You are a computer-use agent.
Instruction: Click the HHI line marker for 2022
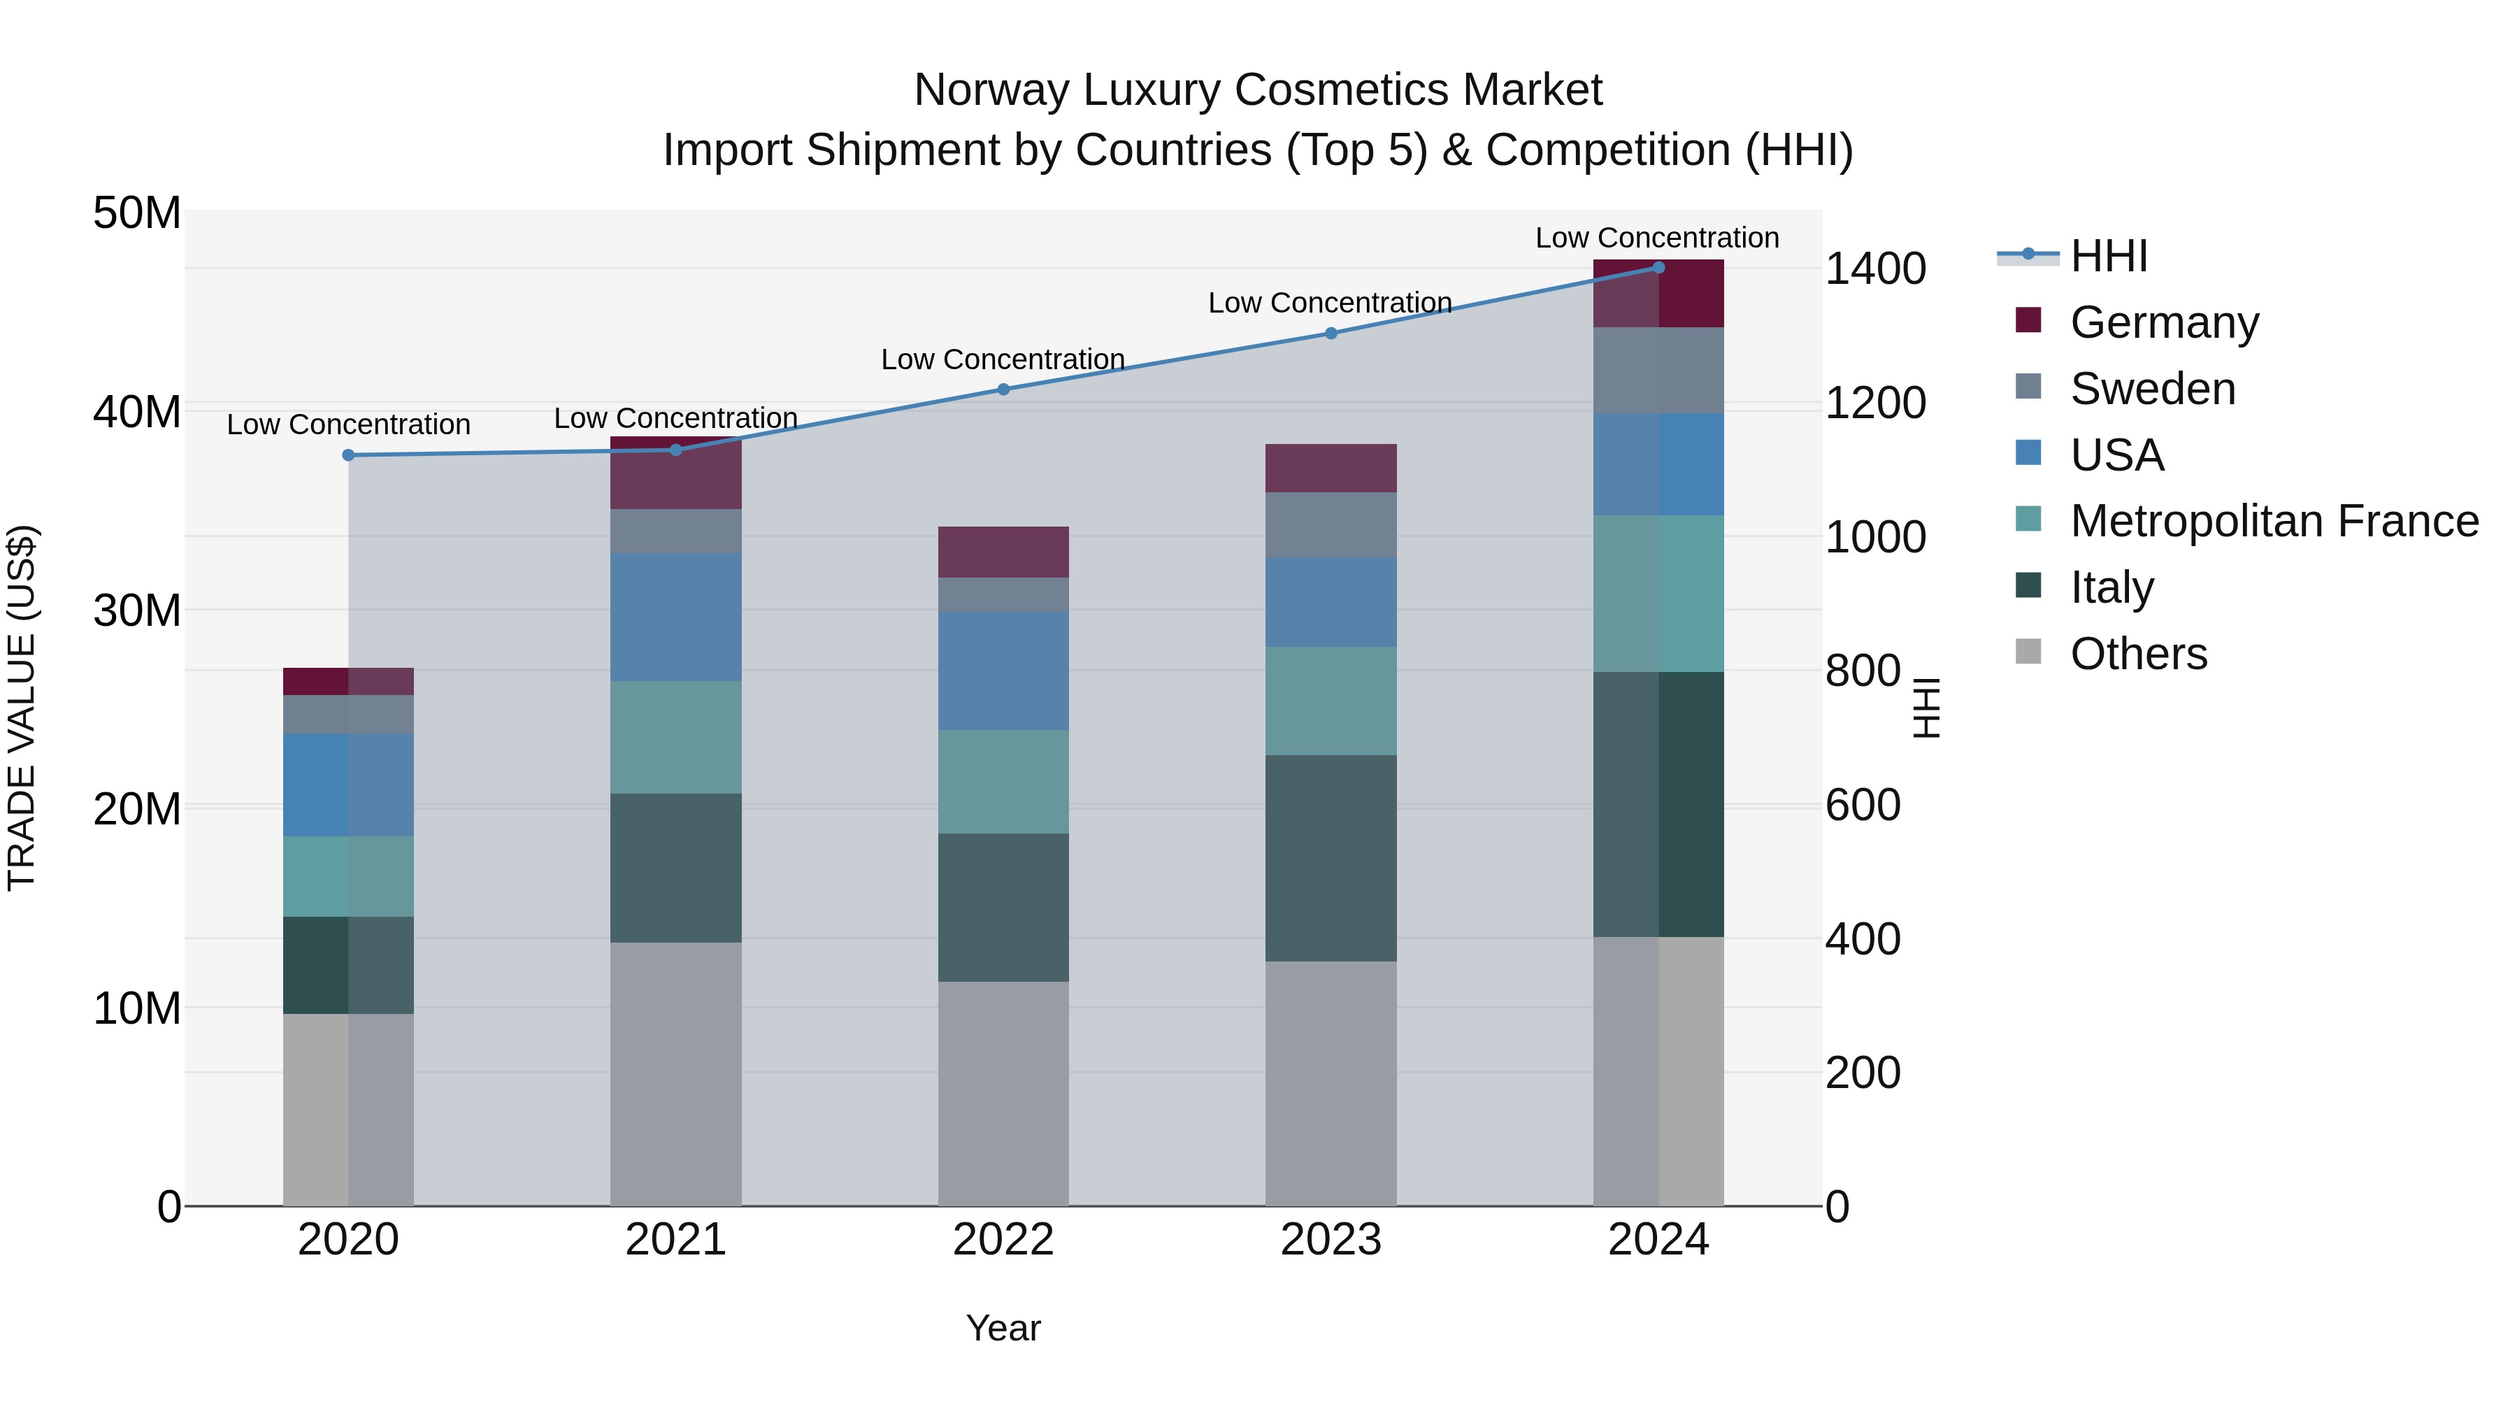(x=1003, y=389)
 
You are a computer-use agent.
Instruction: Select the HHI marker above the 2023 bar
(x=1330, y=334)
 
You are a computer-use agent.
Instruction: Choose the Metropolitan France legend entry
(x=2274, y=521)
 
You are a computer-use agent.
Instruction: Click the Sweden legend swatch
(x=2028, y=387)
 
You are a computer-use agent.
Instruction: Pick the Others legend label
(x=2138, y=654)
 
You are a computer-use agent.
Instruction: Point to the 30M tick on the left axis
(x=137, y=610)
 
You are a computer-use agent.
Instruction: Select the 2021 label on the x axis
(x=675, y=1240)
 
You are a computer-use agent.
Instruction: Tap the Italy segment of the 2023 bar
(x=1330, y=857)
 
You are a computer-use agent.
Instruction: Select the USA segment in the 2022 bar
(x=1003, y=671)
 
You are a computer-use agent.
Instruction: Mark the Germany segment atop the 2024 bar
(x=1658, y=293)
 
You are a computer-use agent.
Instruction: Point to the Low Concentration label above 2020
(x=348, y=424)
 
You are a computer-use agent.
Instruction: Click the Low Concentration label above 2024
(x=1656, y=238)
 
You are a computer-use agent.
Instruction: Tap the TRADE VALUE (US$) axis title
(x=22, y=708)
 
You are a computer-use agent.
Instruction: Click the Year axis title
(x=1003, y=1328)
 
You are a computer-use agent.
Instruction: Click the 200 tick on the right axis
(x=1863, y=1073)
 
